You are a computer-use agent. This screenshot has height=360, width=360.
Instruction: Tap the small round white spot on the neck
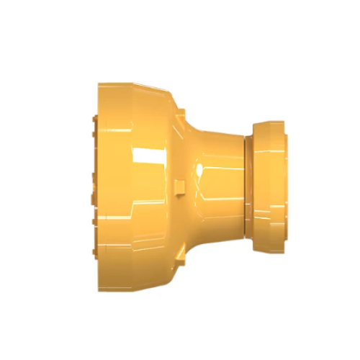(198, 170)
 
